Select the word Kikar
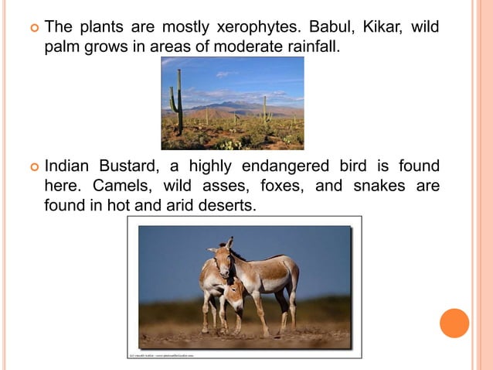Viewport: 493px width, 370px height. pos(378,28)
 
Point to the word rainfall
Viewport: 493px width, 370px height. pos(308,47)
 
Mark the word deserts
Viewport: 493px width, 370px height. pos(230,206)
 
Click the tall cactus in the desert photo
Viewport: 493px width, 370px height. pos(178,101)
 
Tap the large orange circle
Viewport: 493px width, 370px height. pos(454,323)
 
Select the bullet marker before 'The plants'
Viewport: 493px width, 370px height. pos(32,29)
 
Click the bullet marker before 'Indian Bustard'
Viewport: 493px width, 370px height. pos(32,167)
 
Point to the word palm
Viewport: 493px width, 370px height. pos(63,47)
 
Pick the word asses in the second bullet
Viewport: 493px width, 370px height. pos(218,187)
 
